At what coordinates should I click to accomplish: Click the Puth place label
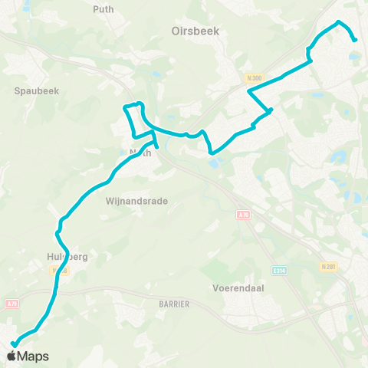[x=102, y=9]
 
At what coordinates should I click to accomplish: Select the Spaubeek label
[x=37, y=90]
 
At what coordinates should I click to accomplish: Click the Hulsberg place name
[x=67, y=258]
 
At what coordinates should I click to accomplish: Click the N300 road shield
[x=255, y=78]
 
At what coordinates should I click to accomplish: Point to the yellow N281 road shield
[x=329, y=266]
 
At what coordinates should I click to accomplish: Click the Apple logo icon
[x=12, y=356]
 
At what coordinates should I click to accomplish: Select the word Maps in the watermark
[x=33, y=356]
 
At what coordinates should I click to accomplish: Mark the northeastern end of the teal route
[x=355, y=41]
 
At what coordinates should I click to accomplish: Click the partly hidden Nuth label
[x=140, y=153]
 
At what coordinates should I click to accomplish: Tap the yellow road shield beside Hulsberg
[x=56, y=271]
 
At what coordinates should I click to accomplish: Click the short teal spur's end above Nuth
[x=157, y=146]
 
